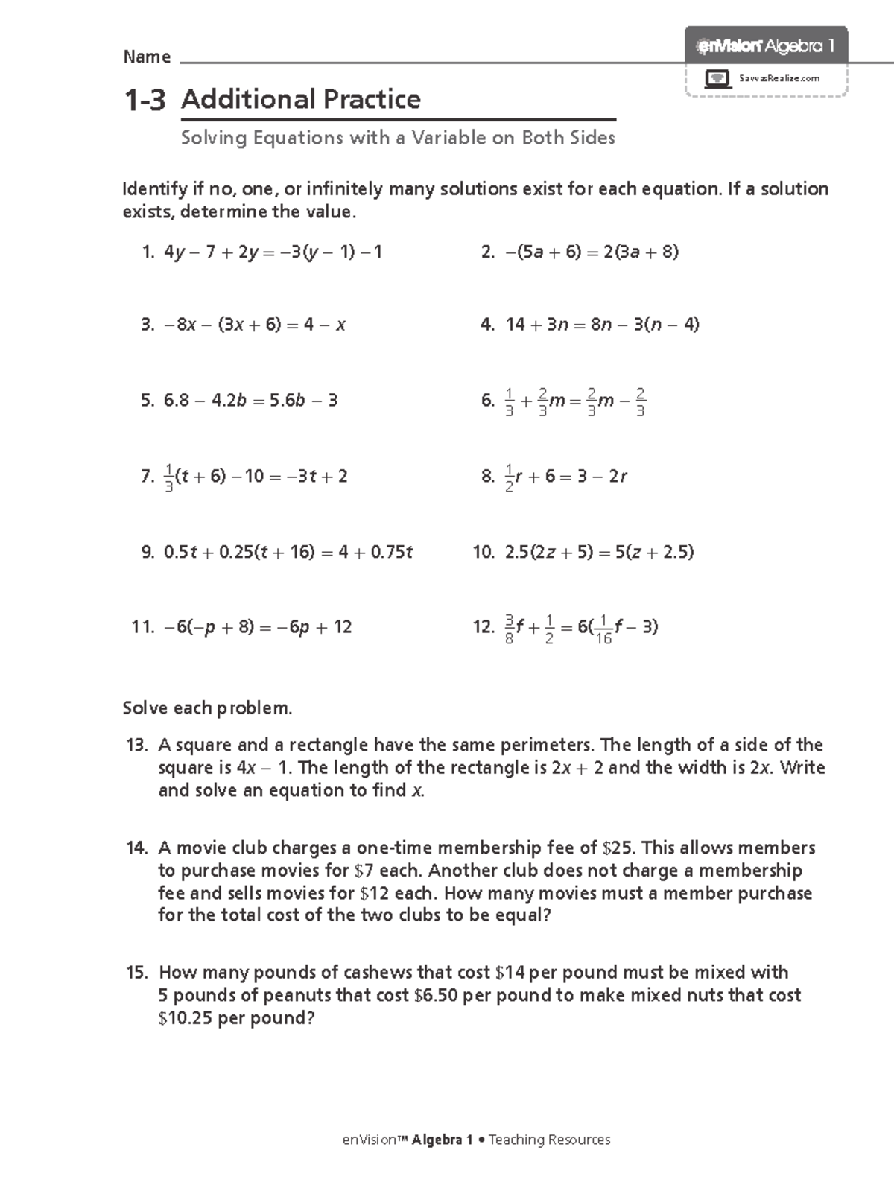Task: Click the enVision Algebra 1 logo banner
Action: [766, 46]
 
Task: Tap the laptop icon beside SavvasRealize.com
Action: [717, 78]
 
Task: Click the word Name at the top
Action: [147, 57]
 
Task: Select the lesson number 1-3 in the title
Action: [145, 100]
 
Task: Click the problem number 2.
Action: [487, 252]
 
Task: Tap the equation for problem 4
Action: [602, 325]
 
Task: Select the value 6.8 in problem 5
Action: [177, 401]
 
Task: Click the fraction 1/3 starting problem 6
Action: [509, 401]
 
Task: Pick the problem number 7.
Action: [147, 477]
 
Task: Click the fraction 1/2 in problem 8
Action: [509, 477]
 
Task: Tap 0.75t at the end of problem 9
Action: [392, 553]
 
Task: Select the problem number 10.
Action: [484, 553]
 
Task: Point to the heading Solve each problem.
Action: [207, 708]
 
